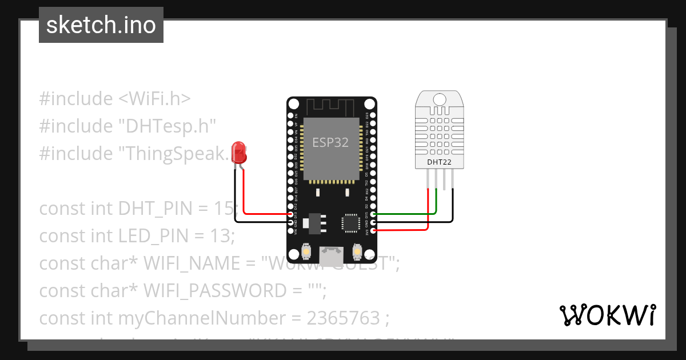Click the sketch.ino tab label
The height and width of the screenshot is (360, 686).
[x=101, y=25]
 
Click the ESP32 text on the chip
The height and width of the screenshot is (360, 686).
[x=330, y=142]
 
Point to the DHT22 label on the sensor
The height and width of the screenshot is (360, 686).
[x=439, y=162]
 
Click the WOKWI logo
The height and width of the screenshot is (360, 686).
[x=608, y=315]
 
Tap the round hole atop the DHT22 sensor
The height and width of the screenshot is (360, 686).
[x=439, y=99]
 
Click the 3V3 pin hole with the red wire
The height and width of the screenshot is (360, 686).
[x=373, y=230]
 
